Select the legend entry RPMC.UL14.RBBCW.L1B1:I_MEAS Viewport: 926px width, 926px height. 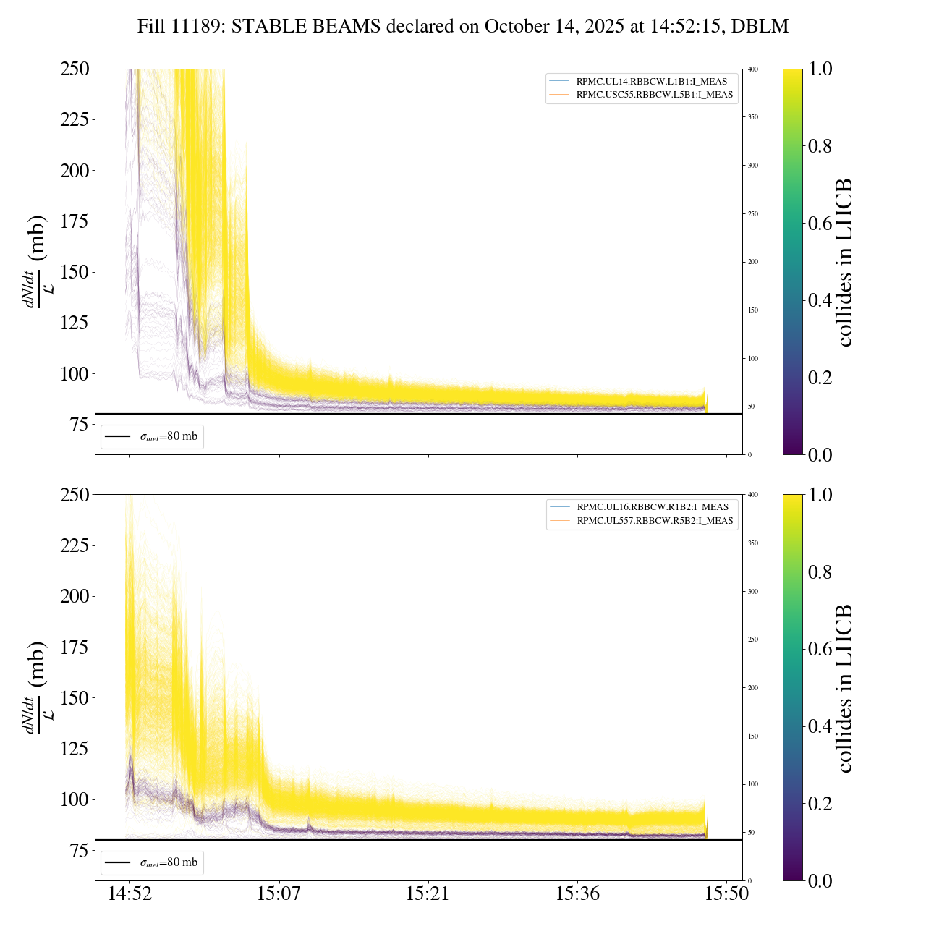coord(651,82)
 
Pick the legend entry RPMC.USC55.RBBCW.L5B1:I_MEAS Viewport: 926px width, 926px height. coord(654,95)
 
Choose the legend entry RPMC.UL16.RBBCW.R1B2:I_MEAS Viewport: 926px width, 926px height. coord(653,507)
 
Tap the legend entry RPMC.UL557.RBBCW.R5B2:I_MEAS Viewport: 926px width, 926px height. coord(655,521)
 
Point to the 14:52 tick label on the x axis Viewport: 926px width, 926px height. coord(129,894)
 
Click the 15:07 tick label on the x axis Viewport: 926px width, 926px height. coord(279,894)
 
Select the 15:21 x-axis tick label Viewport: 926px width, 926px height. coord(428,894)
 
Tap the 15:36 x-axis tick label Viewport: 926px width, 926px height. coord(577,894)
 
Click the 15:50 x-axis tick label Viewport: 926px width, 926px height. coord(726,894)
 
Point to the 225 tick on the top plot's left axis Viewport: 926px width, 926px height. coord(75,119)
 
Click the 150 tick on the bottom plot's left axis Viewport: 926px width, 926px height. coord(75,698)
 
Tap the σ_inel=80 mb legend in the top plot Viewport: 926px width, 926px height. coord(152,436)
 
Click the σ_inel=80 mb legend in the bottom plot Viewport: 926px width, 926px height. coord(152,862)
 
